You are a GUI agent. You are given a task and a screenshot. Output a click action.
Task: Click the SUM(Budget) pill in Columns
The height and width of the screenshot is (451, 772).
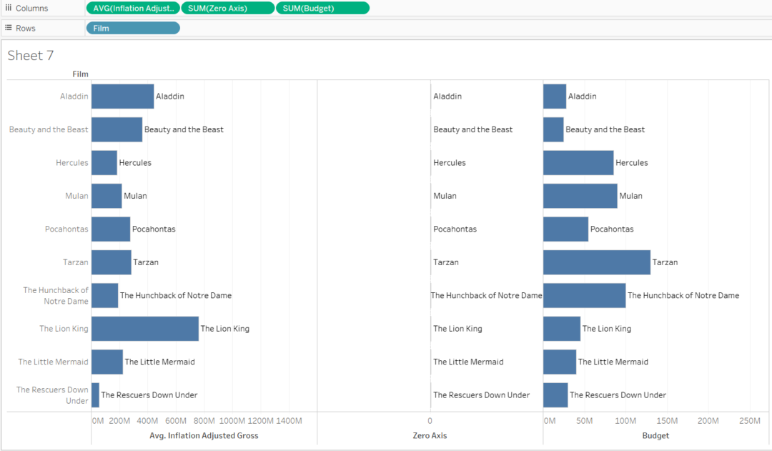(322, 9)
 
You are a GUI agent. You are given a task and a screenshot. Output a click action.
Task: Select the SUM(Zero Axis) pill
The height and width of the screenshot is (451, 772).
(227, 9)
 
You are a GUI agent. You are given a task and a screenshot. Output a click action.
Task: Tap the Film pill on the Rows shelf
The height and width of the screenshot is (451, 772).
(133, 28)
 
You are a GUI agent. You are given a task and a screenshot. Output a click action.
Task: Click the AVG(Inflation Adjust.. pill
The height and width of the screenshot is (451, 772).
(133, 9)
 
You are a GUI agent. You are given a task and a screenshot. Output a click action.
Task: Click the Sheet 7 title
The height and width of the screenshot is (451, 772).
(31, 56)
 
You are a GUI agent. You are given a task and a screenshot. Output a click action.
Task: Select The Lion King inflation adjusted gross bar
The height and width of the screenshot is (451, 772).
(144, 329)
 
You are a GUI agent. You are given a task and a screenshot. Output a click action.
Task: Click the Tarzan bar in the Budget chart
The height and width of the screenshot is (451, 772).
(596, 262)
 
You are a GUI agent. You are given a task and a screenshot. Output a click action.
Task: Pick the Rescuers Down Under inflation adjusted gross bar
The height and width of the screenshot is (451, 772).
(95, 395)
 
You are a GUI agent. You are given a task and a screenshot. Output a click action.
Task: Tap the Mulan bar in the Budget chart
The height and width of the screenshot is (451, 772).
(580, 196)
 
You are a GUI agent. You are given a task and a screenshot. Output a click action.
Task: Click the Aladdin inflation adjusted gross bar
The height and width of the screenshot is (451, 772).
(122, 96)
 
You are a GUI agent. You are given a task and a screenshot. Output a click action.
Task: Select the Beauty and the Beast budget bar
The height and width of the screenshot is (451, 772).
(553, 129)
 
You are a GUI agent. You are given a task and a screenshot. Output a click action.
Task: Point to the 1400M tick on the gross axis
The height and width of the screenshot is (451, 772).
(288, 421)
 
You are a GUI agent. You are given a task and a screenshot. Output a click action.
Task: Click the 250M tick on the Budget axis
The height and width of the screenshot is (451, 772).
(749, 421)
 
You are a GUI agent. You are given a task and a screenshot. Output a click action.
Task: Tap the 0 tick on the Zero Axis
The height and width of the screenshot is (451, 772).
(430, 421)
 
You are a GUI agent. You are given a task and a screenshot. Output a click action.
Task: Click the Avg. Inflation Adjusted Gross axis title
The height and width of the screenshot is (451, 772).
(204, 435)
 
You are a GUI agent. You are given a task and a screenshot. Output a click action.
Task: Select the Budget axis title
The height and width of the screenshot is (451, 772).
(655, 435)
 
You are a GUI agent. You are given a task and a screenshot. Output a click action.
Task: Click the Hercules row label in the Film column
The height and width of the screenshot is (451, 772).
(71, 163)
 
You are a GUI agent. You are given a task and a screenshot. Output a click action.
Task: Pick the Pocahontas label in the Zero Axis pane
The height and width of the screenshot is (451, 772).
(455, 229)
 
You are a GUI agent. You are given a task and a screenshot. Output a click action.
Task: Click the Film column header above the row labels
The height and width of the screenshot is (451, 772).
(80, 74)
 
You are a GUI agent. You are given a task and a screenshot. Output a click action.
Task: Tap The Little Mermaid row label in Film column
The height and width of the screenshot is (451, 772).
(53, 362)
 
